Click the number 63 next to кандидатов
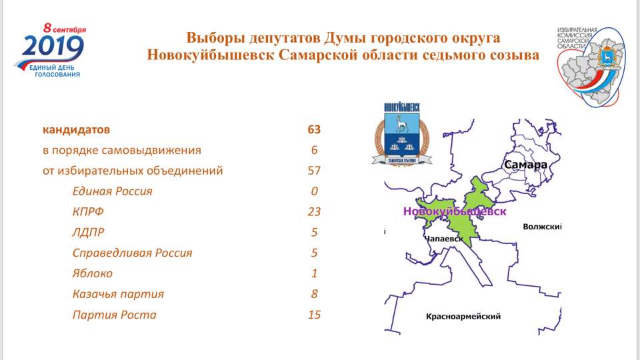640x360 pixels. [x=314, y=129]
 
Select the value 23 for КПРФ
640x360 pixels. [x=314, y=211]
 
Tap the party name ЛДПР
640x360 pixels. [x=88, y=232]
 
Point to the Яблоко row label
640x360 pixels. [x=92, y=273]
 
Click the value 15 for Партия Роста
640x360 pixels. [x=314, y=314]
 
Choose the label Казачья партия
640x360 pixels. [x=118, y=294]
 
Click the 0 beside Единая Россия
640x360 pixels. [x=314, y=191]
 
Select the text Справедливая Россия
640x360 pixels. [x=132, y=253]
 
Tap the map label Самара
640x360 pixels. [x=525, y=165]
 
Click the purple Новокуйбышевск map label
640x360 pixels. [x=455, y=211]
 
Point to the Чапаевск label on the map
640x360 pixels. [x=443, y=239]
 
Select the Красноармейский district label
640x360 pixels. [x=463, y=316]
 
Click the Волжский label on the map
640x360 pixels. [x=542, y=227]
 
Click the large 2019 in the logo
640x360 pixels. [x=53, y=47]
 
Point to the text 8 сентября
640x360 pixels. [x=65, y=29]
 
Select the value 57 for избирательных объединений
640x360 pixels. [x=314, y=171]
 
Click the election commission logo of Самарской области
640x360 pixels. [x=591, y=66]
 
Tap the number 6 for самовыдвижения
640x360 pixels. [x=314, y=150]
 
